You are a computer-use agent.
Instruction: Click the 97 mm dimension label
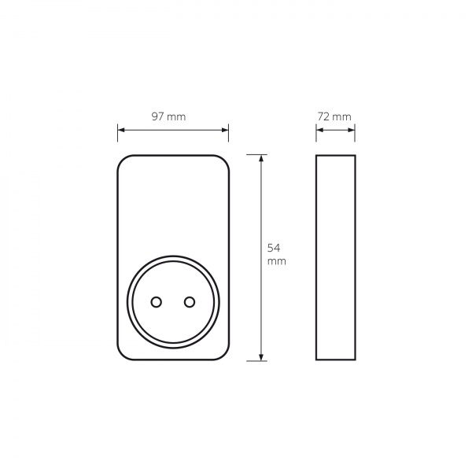(x=168, y=116)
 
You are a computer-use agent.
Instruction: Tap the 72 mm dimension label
(x=334, y=116)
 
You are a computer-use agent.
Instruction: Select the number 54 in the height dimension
(x=274, y=248)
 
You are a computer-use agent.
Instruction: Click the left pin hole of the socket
(x=157, y=302)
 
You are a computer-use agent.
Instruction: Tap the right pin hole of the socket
(x=190, y=302)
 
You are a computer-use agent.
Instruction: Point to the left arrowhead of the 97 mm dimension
(x=121, y=130)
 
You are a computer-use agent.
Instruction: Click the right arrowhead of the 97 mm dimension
(x=225, y=130)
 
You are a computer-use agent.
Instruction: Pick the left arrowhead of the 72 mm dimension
(x=319, y=130)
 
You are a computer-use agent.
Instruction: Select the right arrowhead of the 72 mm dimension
(x=352, y=130)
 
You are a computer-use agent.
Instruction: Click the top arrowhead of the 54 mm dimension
(x=261, y=158)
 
